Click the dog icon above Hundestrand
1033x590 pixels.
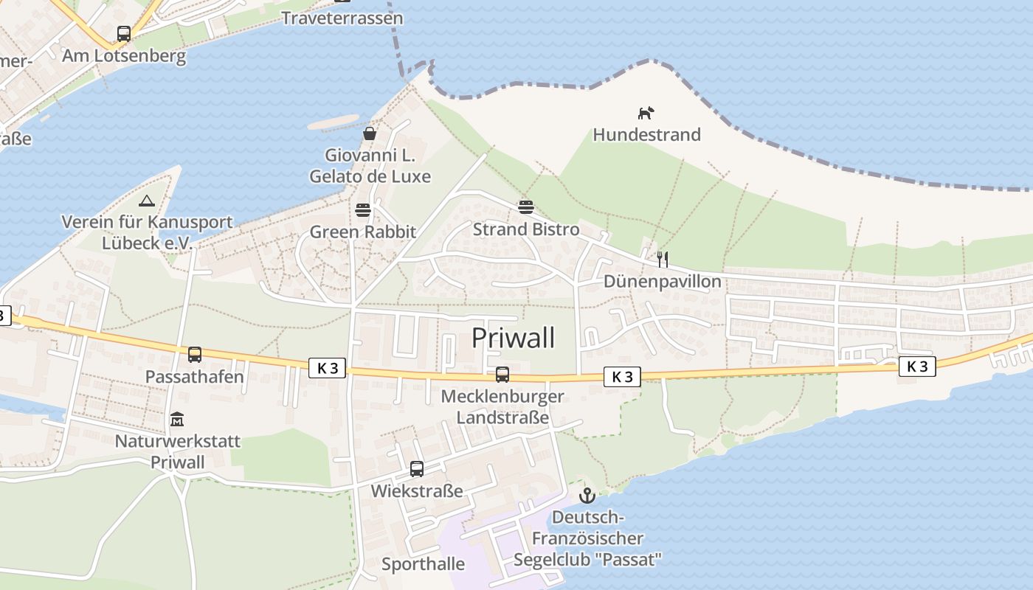click(x=646, y=113)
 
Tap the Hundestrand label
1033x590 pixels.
click(x=646, y=135)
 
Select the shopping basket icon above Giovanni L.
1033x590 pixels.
click(x=370, y=133)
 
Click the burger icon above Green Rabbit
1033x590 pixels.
click(x=362, y=210)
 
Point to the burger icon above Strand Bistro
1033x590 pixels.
click(x=525, y=206)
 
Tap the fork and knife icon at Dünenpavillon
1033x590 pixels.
click(x=662, y=259)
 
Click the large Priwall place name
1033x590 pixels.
click(x=513, y=338)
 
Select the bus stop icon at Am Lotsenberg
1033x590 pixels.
click(x=123, y=33)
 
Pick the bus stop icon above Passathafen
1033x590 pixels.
click(x=194, y=355)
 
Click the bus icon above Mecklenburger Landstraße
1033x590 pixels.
click(x=502, y=375)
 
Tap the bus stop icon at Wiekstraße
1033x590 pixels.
click(x=416, y=469)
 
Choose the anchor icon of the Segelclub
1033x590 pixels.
click(x=587, y=495)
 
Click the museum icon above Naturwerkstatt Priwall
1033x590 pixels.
click(x=177, y=420)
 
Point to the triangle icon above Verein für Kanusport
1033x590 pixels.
click(x=147, y=201)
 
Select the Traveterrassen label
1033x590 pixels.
click(x=342, y=18)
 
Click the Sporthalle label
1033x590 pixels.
click(x=423, y=564)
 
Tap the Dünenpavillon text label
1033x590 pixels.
click(x=662, y=282)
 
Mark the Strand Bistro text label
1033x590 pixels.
click(x=525, y=229)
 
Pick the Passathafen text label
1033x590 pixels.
click(x=194, y=377)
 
